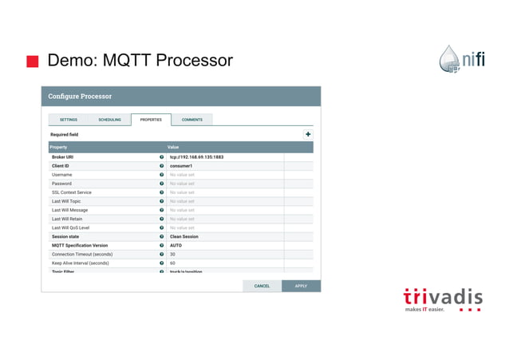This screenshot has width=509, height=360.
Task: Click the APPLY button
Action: click(301, 286)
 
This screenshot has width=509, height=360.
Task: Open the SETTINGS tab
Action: click(69, 120)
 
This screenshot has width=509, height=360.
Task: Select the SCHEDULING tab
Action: click(109, 120)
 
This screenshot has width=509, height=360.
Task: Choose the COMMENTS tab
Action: click(191, 120)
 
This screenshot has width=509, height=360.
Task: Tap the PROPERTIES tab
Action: click(151, 120)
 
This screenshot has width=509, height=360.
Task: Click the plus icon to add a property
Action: click(308, 135)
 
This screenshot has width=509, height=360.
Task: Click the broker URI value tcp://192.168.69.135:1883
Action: click(196, 157)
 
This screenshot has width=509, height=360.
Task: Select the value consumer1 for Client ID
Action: click(183, 166)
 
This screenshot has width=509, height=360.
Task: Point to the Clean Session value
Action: click(184, 236)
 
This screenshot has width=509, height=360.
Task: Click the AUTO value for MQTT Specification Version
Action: click(176, 245)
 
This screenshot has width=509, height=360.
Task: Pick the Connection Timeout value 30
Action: click(172, 254)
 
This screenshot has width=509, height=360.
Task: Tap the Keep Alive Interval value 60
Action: click(172, 263)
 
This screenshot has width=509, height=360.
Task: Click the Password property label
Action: click(61, 184)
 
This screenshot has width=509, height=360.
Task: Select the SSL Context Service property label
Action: click(72, 192)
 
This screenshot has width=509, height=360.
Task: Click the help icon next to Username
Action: click(162, 175)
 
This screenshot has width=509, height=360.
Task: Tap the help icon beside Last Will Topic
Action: click(162, 201)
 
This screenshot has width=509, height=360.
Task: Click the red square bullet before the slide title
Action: click(33, 61)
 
